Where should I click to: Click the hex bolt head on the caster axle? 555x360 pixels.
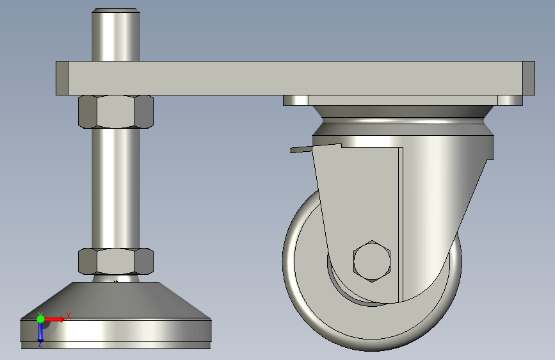(372, 261)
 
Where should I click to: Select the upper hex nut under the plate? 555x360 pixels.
(116, 111)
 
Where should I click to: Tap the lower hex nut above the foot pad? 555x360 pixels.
(116, 261)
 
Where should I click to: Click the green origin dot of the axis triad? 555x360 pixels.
(40, 319)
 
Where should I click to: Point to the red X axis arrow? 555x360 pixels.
(54, 319)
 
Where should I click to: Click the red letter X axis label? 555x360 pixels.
(68, 316)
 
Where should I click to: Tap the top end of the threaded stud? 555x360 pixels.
(116, 11)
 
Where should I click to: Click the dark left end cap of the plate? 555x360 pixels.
(62, 78)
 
